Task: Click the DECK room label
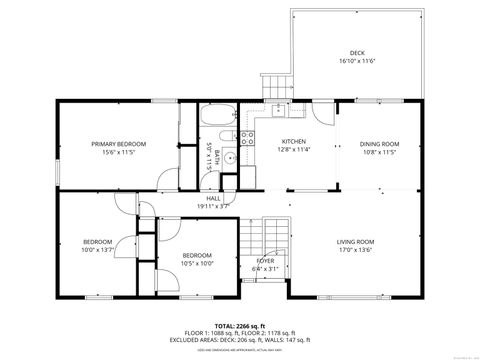click(357, 53)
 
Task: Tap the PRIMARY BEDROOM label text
click(119, 144)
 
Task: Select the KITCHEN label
click(292, 141)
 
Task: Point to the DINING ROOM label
click(379, 144)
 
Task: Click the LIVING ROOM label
click(354, 241)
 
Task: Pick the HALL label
click(214, 198)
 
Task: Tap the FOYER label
click(264, 260)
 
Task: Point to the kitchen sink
click(279, 109)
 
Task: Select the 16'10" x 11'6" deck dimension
click(357, 62)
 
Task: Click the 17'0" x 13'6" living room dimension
click(354, 250)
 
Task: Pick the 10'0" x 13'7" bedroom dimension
click(97, 250)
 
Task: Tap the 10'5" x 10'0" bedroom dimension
click(196, 264)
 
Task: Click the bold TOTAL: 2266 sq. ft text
click(240, 325)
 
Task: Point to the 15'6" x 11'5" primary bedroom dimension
click(119, 153)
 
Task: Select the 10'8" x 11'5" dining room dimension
click(379, 153)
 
